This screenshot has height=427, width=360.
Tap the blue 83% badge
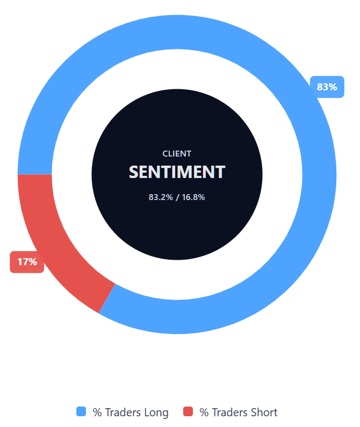click(x=327, y=87)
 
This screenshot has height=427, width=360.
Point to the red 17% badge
click(x=27, y=262)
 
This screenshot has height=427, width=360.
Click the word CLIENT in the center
click(x=177, y=154)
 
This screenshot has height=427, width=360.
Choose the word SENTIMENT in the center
click(x=177, y=172)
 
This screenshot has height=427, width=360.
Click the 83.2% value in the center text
click(x=161, y=197)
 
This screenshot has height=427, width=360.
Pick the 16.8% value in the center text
click(x=193, y=197)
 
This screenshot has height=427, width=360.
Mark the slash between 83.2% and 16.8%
click(x=177, y=197)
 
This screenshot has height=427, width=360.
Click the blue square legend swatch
click(x=81, y=412)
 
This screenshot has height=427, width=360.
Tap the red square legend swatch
click(x=188, y=412)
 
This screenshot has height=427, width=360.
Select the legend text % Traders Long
click(x=131, y=412)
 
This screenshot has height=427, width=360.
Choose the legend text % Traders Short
click(x=239, y=412)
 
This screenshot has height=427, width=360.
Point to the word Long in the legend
click(x=156, y=412)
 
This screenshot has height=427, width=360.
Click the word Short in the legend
click(x=264, y=412)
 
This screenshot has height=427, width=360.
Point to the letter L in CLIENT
click(x=169, y=154)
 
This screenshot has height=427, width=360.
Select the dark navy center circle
click(x=177, y=231)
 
